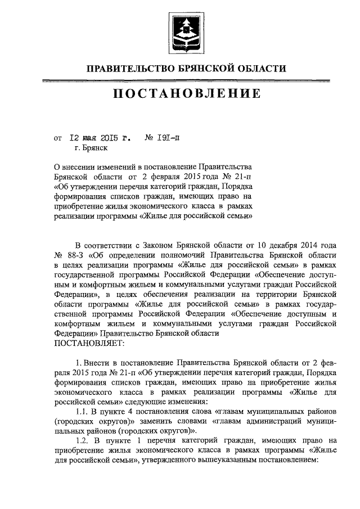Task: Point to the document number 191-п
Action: click(170, 137)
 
